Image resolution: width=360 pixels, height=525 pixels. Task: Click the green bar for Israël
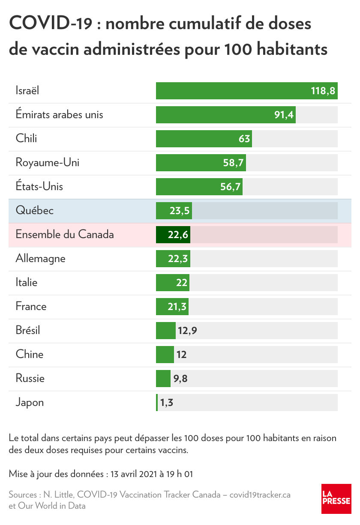[x=231, y=91]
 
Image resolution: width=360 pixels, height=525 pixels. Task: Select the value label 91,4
[x=284, y=115]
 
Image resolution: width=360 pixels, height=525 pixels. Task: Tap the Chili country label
[x=26, y=139]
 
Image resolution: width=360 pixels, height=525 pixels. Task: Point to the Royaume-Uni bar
[x=189, y=163]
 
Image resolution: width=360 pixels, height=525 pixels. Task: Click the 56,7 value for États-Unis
[x=230, y=187]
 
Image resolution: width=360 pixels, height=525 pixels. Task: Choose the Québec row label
[x=35, y=211]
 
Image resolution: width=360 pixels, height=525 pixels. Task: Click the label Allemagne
[x=41, y=259]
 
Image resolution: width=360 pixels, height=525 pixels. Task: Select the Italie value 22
[x=182, y=283]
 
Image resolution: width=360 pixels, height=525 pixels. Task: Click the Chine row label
[x=30, y=355]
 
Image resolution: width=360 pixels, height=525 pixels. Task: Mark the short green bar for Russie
[x=163, y=379]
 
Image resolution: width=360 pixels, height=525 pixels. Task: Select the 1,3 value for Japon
[x=167, y=403]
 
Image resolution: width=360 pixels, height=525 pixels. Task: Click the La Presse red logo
[x=336, y=499]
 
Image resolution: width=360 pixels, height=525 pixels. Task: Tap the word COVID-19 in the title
[x=50, y=24]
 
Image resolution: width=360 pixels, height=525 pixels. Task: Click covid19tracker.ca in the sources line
[x=260, y=495]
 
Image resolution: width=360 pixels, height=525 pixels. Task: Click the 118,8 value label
[x=323, y=91]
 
